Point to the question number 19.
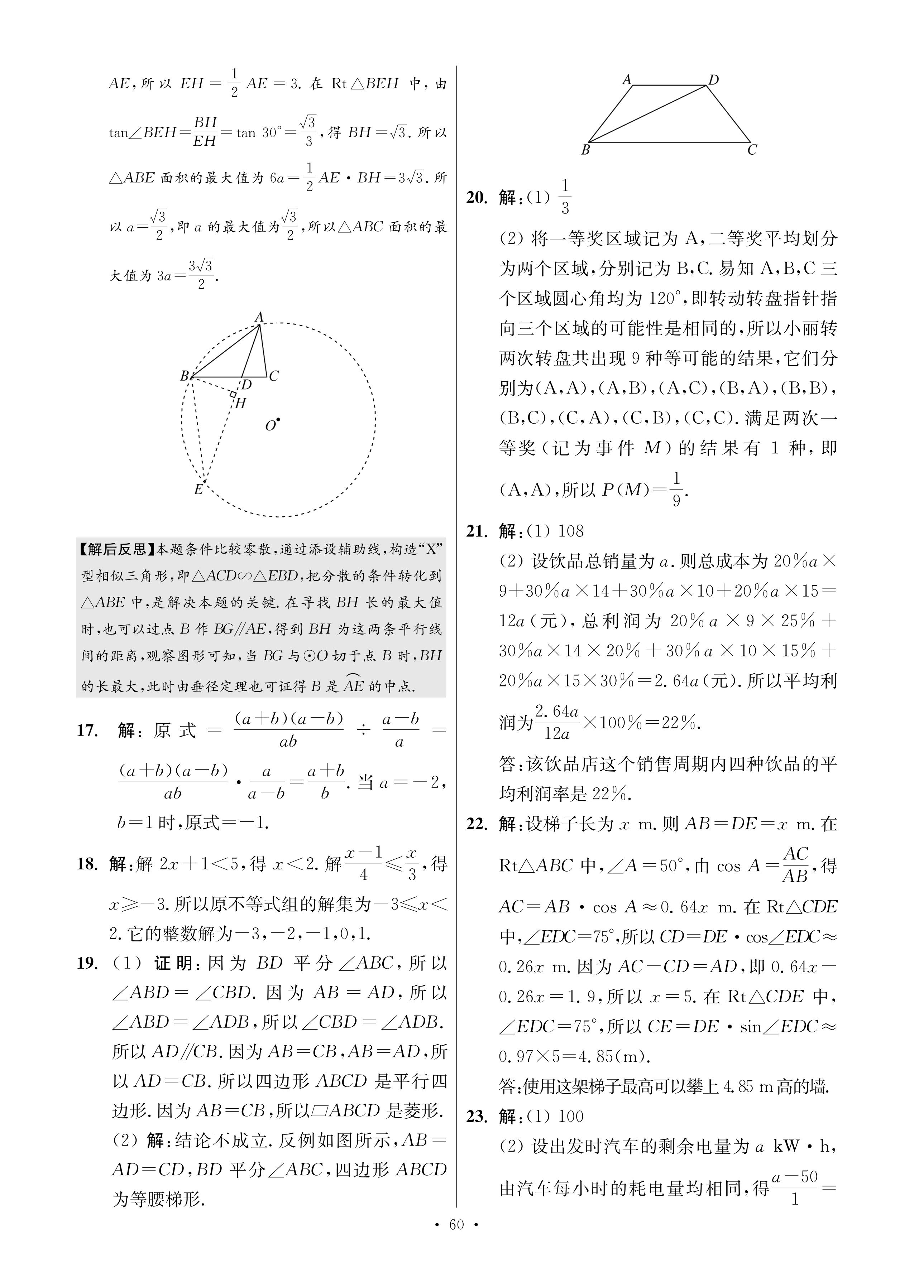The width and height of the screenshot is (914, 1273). click(88, 964)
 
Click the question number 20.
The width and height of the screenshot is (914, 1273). click(477, 198)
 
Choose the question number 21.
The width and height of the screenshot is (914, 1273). click(477, 531)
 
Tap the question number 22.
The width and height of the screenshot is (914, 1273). click(477, 824)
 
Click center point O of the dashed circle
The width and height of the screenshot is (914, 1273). click(278, 419)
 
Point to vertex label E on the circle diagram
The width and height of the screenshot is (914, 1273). click(198, 490)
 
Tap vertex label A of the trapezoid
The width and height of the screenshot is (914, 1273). click(627, 80)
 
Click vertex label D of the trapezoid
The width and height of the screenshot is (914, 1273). click(713, 80)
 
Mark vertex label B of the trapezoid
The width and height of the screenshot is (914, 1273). click(585, 150)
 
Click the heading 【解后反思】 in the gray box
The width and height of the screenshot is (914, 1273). click(117, 550)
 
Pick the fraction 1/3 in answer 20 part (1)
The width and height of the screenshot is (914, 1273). click(565, 197)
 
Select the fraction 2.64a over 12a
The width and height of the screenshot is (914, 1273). click(557, 722)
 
